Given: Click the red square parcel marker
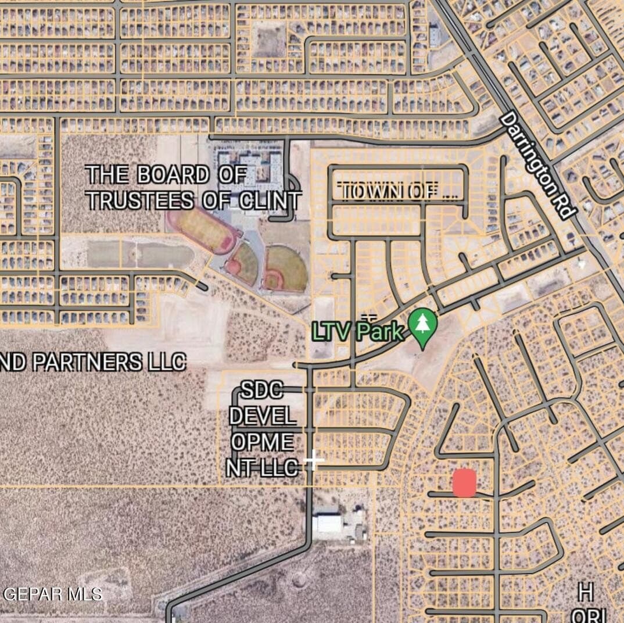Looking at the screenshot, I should (464, 483).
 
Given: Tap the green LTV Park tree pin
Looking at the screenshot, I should (423, 328).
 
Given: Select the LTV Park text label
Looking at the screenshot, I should (358, 332).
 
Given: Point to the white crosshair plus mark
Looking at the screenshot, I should (314, 460).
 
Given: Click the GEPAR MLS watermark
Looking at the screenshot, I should (53, 594).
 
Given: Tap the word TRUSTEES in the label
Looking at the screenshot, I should (140, 200).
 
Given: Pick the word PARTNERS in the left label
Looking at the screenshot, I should (87, 362).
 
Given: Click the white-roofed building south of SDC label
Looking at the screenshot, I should (329, 524).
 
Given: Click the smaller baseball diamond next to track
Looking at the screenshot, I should (242, 264).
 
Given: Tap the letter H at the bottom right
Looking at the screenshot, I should (586, 593).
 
